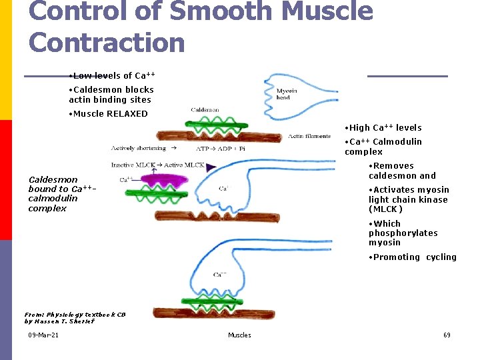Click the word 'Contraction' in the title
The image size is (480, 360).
tap(107, 42)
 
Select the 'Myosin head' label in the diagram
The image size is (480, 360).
tap(287, 94)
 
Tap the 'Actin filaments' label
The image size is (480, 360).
tap(309, 137)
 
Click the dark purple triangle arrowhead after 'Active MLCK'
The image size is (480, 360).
tap(212, 167)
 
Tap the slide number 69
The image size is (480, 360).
tap(447, 335)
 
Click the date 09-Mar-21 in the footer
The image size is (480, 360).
tap(43, 335)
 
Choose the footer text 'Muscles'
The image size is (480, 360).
tap(239, 335)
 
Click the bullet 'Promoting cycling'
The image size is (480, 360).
tap(413, 257)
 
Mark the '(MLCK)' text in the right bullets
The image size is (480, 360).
tap(385, 209)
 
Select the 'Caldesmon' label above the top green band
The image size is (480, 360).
tap(205, 110)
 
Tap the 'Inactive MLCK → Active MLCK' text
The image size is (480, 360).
tap(158, 165)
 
